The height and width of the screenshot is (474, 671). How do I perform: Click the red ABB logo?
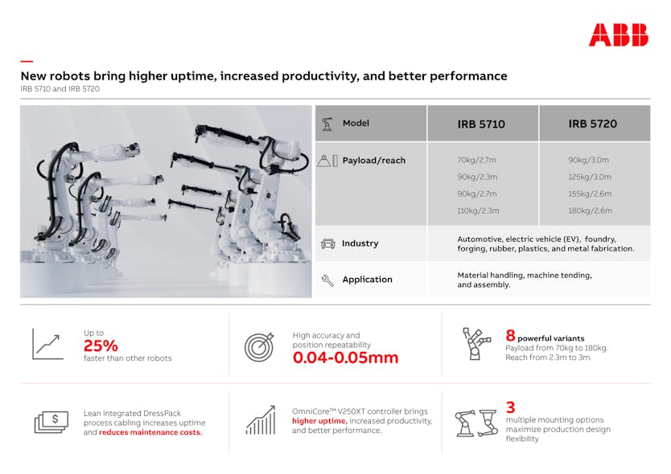pyautogui.click(x=618, y=35)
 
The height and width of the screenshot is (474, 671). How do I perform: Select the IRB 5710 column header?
pyautogui.click(x=481, y=124)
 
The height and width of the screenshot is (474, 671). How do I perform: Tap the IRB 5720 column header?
pyautogui.click(x=592, y=124)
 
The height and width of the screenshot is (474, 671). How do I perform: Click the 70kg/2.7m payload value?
pyautogui.click(x=476, y=160)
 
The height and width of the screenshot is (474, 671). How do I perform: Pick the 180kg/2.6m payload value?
pyautogui.click(x=590, y=210)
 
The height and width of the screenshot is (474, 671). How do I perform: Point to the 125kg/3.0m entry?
pyautogui.click(x=590, y=177)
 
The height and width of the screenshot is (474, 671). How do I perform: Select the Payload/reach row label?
pyautogui.click(x=373, y=161)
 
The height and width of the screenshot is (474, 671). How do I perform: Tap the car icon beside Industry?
pyautogui.click(x=327, y=243)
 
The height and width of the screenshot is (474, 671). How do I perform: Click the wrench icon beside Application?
pyautogui.click(x=327, y=280)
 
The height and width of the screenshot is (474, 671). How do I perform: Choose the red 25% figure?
pyautogui.click(x=101, y=346)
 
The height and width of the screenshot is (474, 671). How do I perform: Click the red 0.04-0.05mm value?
pyautogui.click(x=345, y=358)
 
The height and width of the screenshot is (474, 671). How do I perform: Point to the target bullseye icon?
pyautogui.click(x=259, y=345)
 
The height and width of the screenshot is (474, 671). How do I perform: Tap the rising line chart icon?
pyautogui.click(x=47, y=344)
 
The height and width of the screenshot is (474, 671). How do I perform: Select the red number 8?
pyautogui.click(x=509, y=336)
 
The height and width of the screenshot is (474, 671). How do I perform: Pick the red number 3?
pyautogui.click(x=509, y=407)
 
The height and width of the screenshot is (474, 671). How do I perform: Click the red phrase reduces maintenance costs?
pyautogui.click(x=150, y=432)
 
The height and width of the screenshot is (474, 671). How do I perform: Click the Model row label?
pyautogui.click(x=356, y=124)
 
